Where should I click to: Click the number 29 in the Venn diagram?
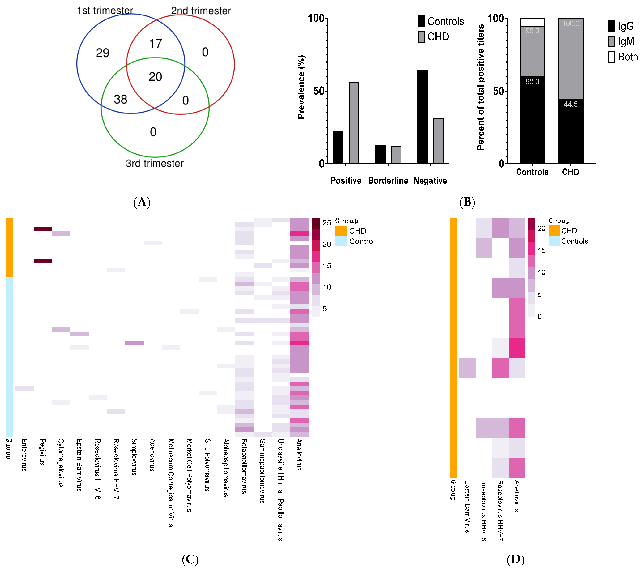tap(103, 53)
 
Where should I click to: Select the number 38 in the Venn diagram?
tap(120, 100)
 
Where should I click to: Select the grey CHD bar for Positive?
tap(354, 123)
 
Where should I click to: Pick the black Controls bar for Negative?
tap(422, 117)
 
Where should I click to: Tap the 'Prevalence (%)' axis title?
tap(301, 87)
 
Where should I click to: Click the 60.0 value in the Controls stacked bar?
tap(532, 82)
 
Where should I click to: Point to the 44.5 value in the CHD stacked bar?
tap(571, 104)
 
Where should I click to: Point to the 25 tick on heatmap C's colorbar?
tap(327, 223)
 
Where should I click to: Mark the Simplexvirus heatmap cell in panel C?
tap(134, 343)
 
